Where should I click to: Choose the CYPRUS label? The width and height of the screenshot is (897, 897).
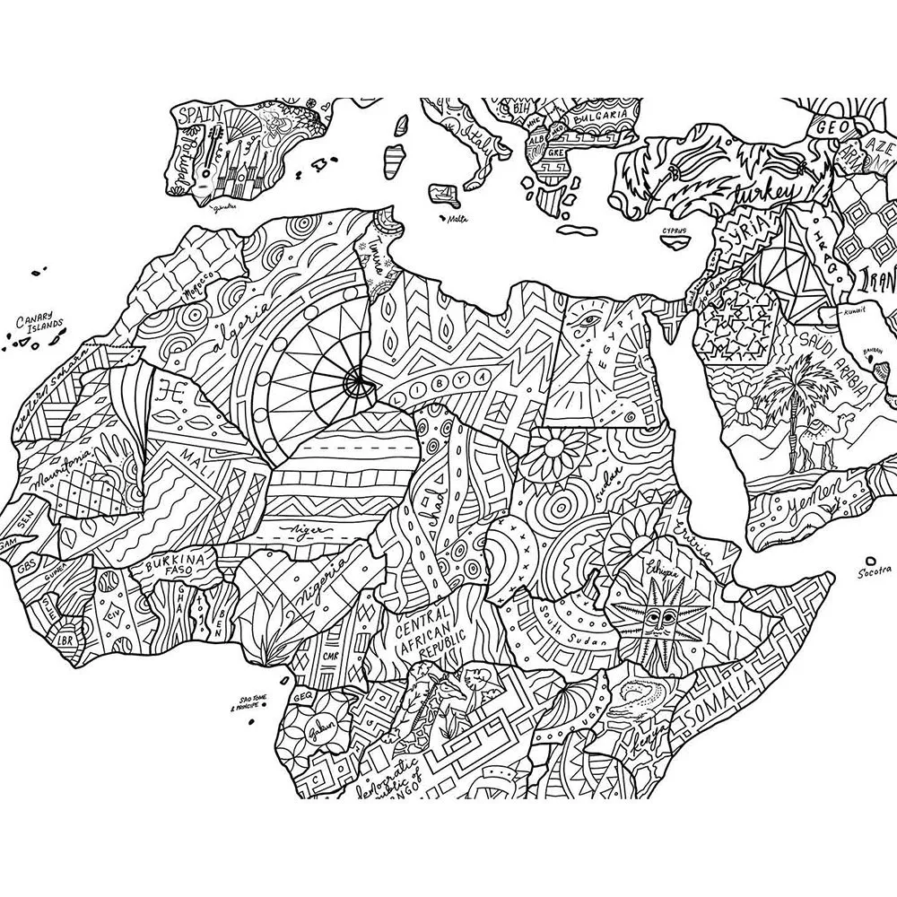(x=675, y=231)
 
